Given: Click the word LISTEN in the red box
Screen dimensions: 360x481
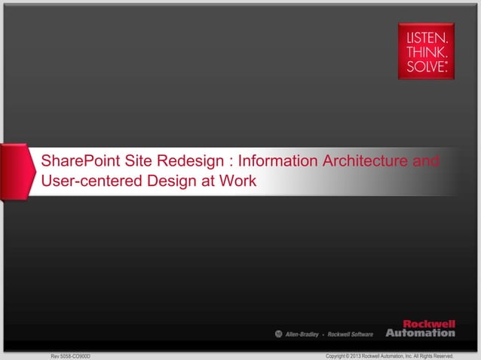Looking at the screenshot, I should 426,36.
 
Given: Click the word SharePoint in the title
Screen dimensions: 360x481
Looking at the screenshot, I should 78,161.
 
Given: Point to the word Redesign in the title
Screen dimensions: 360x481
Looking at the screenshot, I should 188,161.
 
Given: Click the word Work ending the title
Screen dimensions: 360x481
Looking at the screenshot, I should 239,182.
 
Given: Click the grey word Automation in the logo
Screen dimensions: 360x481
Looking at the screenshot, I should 420,332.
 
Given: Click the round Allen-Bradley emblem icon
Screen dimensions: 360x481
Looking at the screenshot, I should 277,333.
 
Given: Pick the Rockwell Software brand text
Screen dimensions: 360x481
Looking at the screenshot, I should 350,333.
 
